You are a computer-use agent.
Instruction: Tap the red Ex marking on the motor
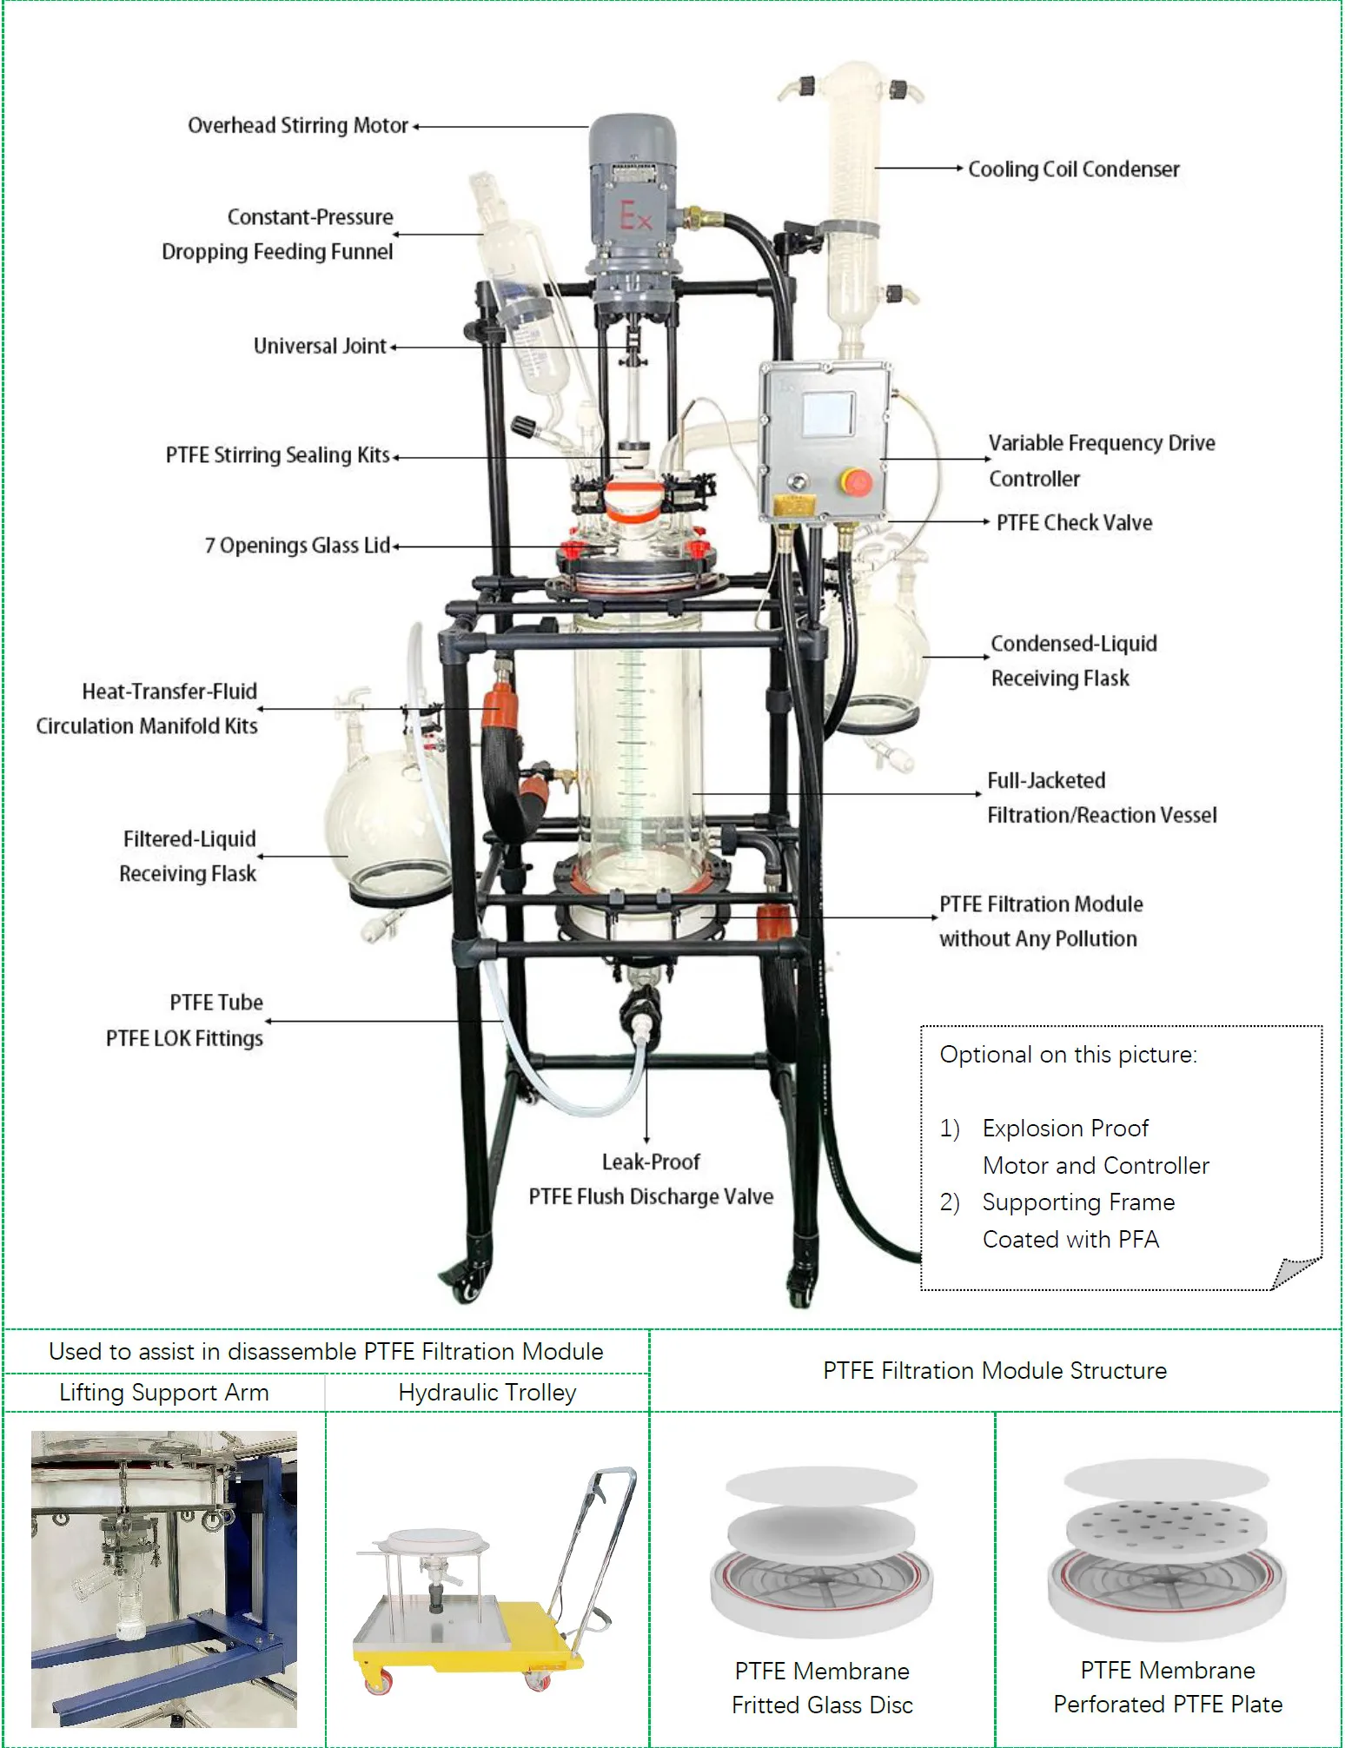tap(635, 216)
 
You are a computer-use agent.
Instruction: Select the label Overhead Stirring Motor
tap(298, 126)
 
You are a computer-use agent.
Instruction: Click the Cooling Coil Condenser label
tap(1073, 169)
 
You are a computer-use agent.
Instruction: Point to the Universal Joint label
tap(319, 347)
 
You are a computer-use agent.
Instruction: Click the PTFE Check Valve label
tap(1074, 523)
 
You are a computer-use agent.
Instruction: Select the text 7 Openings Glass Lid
tap(297, 546)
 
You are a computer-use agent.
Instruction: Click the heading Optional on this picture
tap(1068, 1055)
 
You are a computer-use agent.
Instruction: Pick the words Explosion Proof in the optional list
tap(1065, 1129)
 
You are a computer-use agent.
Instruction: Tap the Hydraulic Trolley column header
tap(487, 1393)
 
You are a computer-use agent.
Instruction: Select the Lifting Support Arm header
tap(163, 1393)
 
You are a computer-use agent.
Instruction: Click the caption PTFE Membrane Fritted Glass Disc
tap(822, 1687)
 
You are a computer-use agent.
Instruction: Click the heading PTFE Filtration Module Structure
tap(994, 1371)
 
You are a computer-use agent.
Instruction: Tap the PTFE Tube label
tap(216, 1003)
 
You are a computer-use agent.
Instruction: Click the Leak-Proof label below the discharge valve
tap(651, 1162)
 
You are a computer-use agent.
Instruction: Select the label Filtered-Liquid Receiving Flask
tap(189, 857)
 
